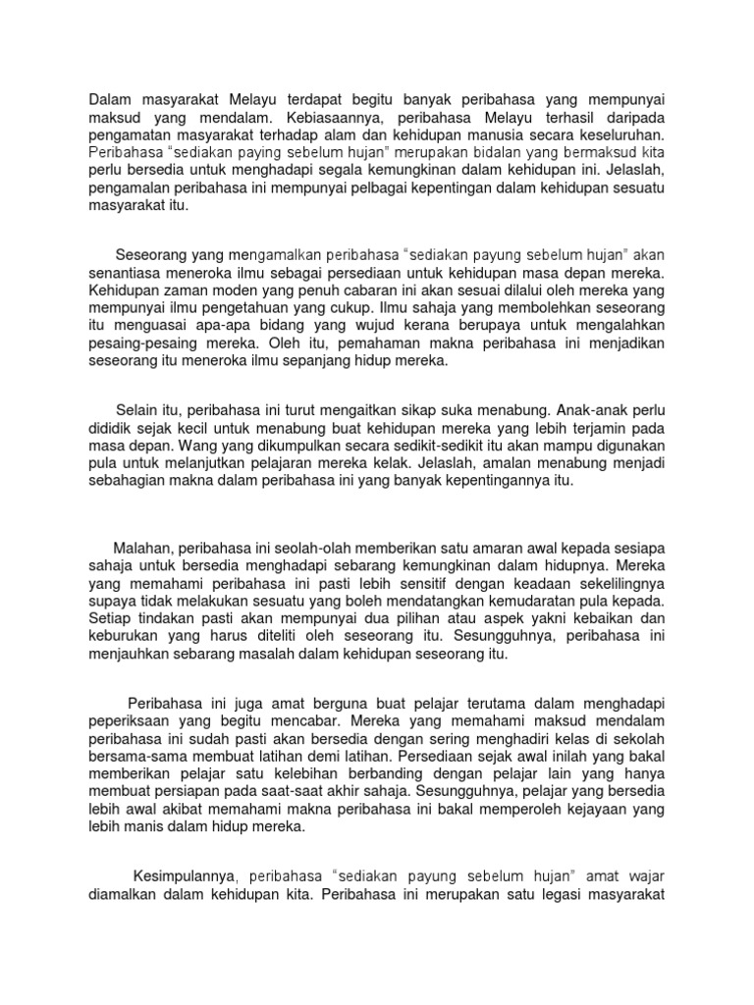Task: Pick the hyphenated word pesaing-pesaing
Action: click(x=147, y=344)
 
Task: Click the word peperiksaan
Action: click(x=133, y=721)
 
